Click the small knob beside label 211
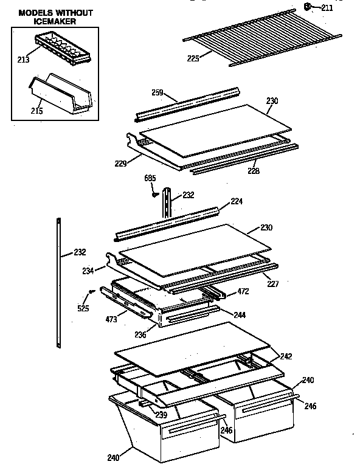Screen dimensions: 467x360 click(x=308, y=7)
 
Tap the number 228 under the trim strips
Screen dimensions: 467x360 click(x=253, y=171)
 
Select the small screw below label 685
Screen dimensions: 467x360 click(x=155, y=195)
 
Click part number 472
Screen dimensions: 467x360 click(x=243, y=292)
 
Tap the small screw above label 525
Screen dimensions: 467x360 click(x=91, y=292)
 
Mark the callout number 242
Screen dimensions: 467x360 click(x=286, y=357)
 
